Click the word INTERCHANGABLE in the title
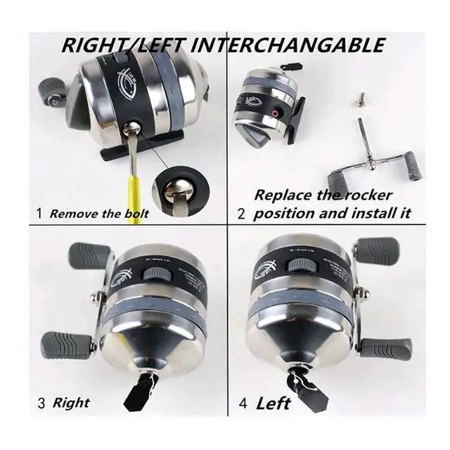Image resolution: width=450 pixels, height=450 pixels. coord(289,46)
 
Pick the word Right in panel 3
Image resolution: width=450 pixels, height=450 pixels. coord(72,403)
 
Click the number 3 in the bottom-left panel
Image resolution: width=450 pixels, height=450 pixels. coord(41,404)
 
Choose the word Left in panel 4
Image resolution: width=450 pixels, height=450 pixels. coord(273,404)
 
